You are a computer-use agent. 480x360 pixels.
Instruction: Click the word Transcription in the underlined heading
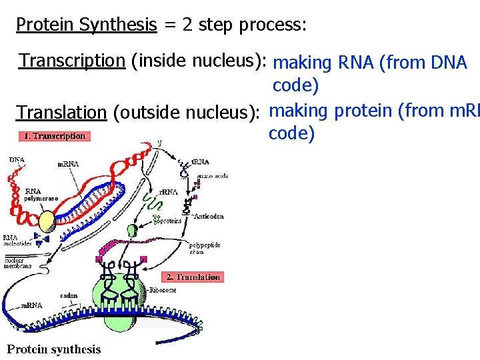[x=72, y=61]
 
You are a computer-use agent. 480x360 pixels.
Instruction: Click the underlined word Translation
[x=61, y=112]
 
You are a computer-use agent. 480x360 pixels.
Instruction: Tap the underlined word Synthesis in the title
[x=117, y=25]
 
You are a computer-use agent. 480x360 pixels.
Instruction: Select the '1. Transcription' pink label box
[x=54, y=136]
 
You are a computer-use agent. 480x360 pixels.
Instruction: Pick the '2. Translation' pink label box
[x=193, y=277]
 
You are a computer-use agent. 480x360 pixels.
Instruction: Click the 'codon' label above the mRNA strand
[x=69, y=295]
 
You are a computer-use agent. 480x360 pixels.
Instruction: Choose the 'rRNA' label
[x=168, y=192]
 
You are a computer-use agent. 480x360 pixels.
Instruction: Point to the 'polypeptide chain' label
[x=205, y=248]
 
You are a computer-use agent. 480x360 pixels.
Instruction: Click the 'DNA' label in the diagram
[x=17, y=159]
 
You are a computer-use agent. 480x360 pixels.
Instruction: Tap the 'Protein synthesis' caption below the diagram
[x=54, y=349]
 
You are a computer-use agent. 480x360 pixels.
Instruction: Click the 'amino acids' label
[x=213, y=176]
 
